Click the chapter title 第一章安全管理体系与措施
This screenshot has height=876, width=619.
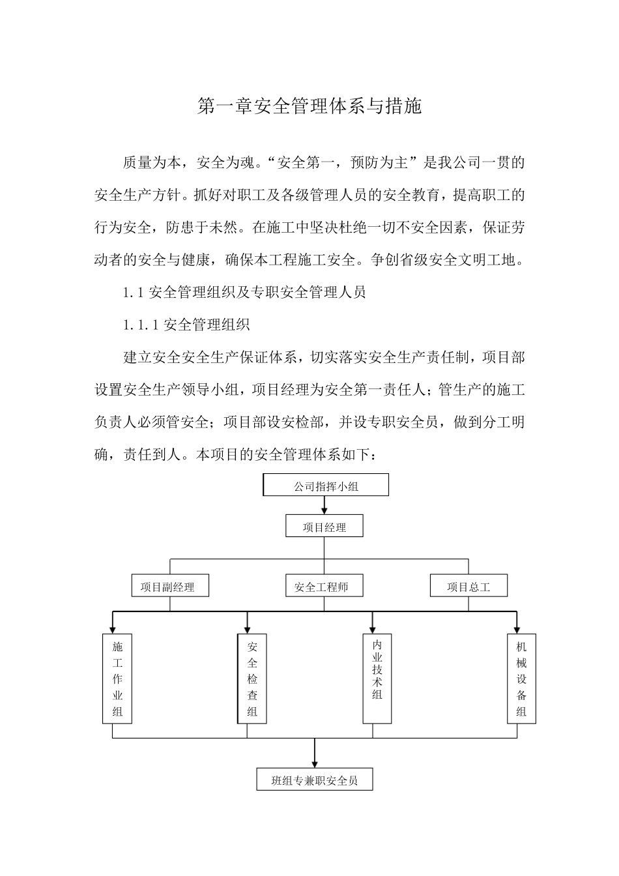click(x=309, y=106)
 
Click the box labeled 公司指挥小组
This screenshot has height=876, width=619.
click(x=326, y=486)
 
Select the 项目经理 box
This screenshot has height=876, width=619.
click(x=324, y=527)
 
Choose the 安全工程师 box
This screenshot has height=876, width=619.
click(x=324, y=587)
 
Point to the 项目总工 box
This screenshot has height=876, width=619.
click(x=468, y=587)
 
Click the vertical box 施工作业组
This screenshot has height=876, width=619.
click(x=117, y=679)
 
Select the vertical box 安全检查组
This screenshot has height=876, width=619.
click(x=252, y=679)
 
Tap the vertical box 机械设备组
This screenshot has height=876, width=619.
click(x=521, y=679)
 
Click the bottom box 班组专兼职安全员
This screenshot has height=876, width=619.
click(x=315, y=780)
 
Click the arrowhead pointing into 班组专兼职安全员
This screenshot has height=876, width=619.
click(x=315, y=765)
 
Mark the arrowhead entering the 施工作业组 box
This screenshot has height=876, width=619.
click(x=113, y=630)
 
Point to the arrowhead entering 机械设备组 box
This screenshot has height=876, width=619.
click(x=517, y=630)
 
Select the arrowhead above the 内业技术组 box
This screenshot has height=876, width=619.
click(x=373, y=630)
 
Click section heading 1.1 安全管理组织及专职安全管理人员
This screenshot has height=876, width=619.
click(x=244, y=292)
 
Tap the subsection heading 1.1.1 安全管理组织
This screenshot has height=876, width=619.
click(x=186, y=325)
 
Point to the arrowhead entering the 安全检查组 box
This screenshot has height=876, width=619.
click(x=247, y=630)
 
